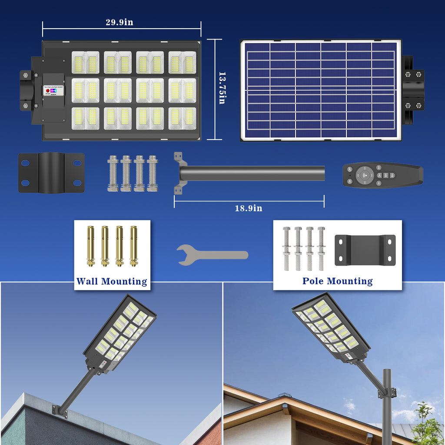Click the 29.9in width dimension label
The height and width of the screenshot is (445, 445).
(119, 23)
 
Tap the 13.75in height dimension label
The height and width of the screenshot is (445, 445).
(222, 88)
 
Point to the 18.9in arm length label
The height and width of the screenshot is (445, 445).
(249, 208)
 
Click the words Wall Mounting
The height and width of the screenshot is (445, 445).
(112, 282)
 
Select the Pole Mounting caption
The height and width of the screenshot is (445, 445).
(337, 281)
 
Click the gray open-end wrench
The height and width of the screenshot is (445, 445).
(213, 255)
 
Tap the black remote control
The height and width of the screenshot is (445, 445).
(382, 176)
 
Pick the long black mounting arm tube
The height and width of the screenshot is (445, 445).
(252, 173)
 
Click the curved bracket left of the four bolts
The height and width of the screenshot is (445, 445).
(51, 173)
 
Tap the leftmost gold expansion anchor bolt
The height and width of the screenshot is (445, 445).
(91, 246)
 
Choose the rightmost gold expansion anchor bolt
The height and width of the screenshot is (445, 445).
(133, 246)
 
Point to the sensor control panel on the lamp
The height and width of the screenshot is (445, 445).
(54, 91)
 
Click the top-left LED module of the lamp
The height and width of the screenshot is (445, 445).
(85, 62)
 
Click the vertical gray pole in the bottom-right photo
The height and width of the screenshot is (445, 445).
(386, 404)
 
